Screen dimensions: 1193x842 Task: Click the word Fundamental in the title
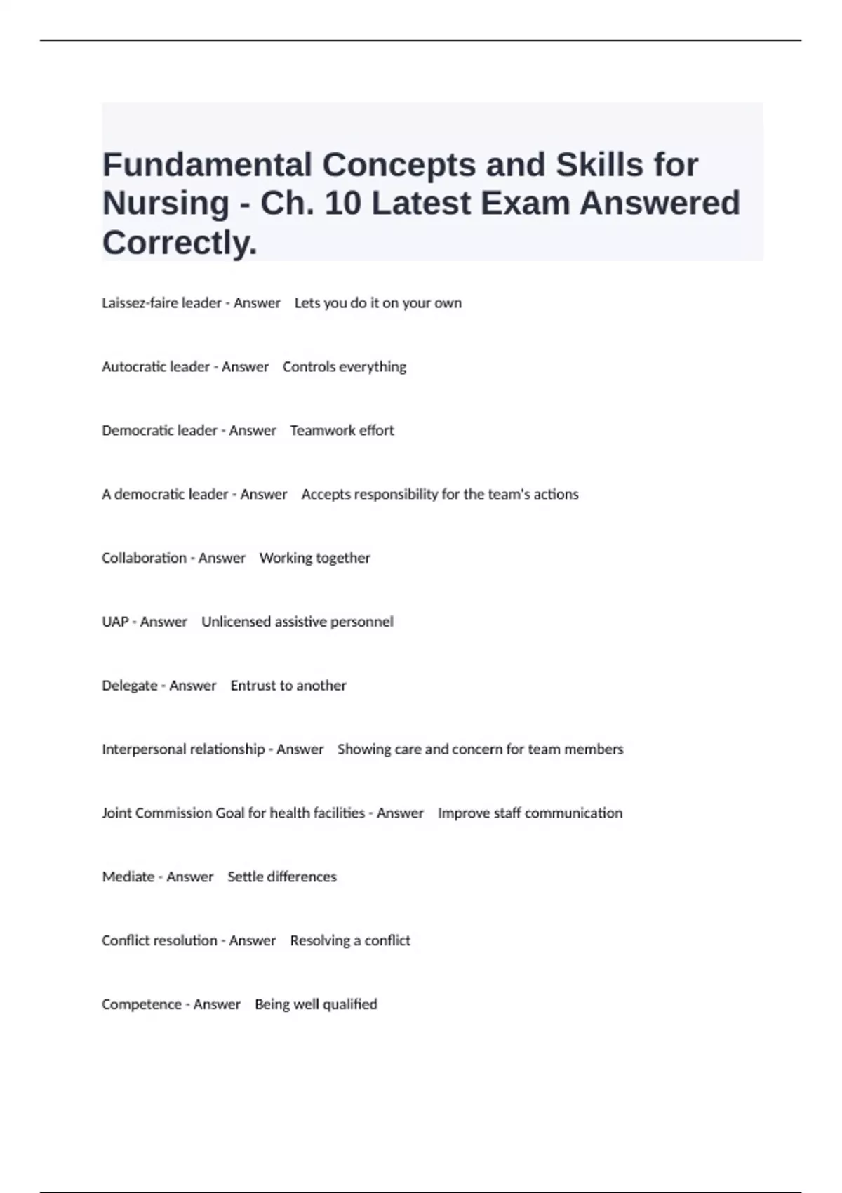207,166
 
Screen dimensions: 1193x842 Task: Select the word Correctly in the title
178,244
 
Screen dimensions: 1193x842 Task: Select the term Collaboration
144,558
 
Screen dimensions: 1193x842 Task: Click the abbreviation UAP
115,622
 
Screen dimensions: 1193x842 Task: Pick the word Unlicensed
236,622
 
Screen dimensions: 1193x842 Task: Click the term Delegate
130,686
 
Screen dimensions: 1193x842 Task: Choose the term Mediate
128,877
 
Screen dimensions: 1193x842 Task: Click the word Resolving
320,941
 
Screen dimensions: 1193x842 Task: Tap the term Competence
142,1004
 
